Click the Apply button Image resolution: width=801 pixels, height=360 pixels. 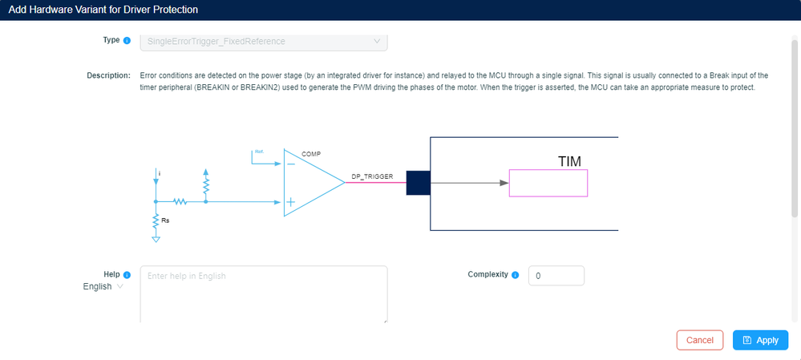(760, 340)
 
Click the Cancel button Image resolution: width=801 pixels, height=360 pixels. (699, 340)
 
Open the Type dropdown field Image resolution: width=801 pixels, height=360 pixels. (264, 40)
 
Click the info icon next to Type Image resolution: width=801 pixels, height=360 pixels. (127, 40)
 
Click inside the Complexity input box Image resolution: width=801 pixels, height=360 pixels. (556, 276)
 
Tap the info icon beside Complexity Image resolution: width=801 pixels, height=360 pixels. (515, 275)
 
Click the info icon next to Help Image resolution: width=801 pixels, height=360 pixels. (127, 275)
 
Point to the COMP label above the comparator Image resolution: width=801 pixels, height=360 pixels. (311, 153)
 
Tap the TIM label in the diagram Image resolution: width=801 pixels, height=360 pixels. (569, 162)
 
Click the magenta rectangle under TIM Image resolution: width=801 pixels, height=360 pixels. (548, 183)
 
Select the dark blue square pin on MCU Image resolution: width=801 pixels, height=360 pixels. (418, 183)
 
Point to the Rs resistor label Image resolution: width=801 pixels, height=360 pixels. (164, 219)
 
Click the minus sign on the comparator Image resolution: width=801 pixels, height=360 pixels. (289, 164)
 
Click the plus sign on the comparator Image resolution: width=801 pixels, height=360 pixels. (289, 202)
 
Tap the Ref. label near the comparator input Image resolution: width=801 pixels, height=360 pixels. (259, 151)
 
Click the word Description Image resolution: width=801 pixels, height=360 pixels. (108, 75)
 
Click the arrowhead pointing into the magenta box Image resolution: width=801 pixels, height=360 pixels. (504, 183)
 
